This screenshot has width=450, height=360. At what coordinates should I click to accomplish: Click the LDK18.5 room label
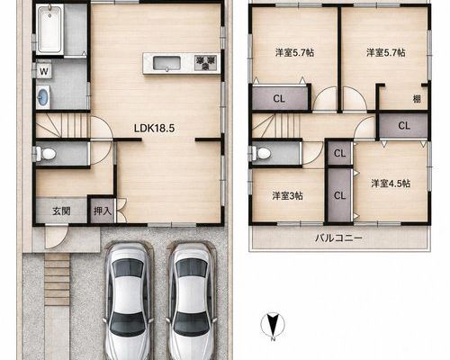tap(154, 129)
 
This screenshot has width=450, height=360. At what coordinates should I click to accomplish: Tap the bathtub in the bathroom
tap(49, 29)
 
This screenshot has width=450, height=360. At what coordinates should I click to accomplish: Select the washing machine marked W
tap(44, 72)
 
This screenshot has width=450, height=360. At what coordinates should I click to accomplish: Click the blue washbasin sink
tap(43, 97)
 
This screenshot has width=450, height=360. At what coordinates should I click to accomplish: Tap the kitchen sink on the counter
tap(166, 63)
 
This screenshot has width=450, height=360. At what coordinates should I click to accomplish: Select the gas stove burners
tap(206, 63)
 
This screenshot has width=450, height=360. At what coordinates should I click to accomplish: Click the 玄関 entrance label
tap(61, 211)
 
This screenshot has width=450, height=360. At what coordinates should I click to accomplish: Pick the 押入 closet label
tap(103, 211)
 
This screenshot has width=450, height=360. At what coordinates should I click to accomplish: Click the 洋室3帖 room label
tap(287, 196)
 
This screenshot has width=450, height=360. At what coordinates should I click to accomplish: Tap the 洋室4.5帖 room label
tap(391, 184)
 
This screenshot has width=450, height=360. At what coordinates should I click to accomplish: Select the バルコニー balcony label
tap(338, 238)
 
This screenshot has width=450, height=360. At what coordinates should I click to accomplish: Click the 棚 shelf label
tap(417, 99)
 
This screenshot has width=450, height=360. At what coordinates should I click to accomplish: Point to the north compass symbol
tap(273, 325)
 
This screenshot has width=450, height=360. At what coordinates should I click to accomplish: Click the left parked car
tap(128, 301)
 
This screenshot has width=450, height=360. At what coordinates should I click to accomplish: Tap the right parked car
tap(191, 301)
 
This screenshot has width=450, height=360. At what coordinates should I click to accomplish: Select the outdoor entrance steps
tap(57, 279)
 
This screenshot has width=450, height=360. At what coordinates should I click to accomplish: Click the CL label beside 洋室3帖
tap(339, 196)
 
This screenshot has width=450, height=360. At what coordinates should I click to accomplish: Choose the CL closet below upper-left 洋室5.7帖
tap(279, 98)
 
